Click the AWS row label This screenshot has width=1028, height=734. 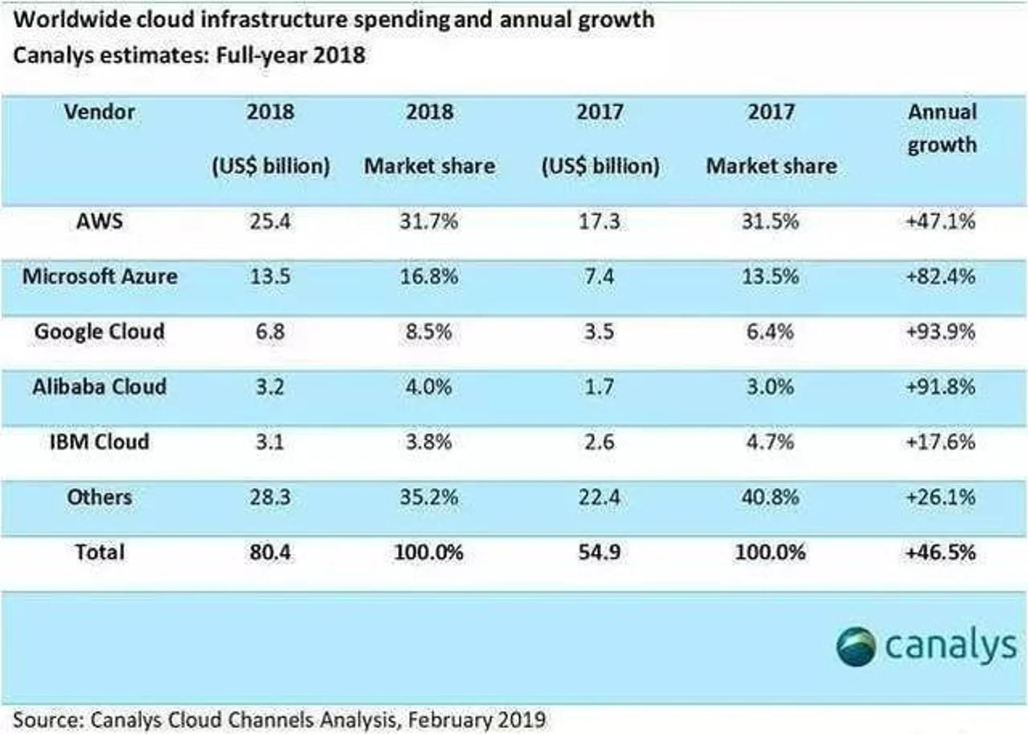pos(100,222)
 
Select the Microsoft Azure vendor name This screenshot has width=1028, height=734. pos(100,276)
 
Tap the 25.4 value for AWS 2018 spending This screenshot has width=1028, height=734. pos(270,222)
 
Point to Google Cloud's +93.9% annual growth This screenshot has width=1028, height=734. pos(941,332)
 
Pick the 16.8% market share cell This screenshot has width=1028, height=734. pos(429,276)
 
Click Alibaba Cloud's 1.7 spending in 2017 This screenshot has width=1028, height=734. pos(599,387)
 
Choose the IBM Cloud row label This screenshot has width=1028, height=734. pos(100,442)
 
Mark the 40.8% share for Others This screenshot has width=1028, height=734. pos(770,497)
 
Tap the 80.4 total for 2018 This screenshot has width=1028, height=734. pos(270,553)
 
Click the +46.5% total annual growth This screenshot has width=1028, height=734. pos(941,553)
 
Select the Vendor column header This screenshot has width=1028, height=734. pos(100,112)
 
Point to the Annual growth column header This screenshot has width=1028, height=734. pos(942,129)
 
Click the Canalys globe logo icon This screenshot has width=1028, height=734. pos(856,646)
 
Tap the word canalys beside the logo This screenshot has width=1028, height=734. pos(951,646)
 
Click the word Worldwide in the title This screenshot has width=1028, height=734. pos(58,19)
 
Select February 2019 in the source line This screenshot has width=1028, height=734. pos(476,719)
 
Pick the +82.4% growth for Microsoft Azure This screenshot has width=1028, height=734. pos(941,276)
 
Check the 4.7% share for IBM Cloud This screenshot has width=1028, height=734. pos(770,442)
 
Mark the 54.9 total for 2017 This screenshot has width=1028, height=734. pos(599,553)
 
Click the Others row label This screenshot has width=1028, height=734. pos(100,497)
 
